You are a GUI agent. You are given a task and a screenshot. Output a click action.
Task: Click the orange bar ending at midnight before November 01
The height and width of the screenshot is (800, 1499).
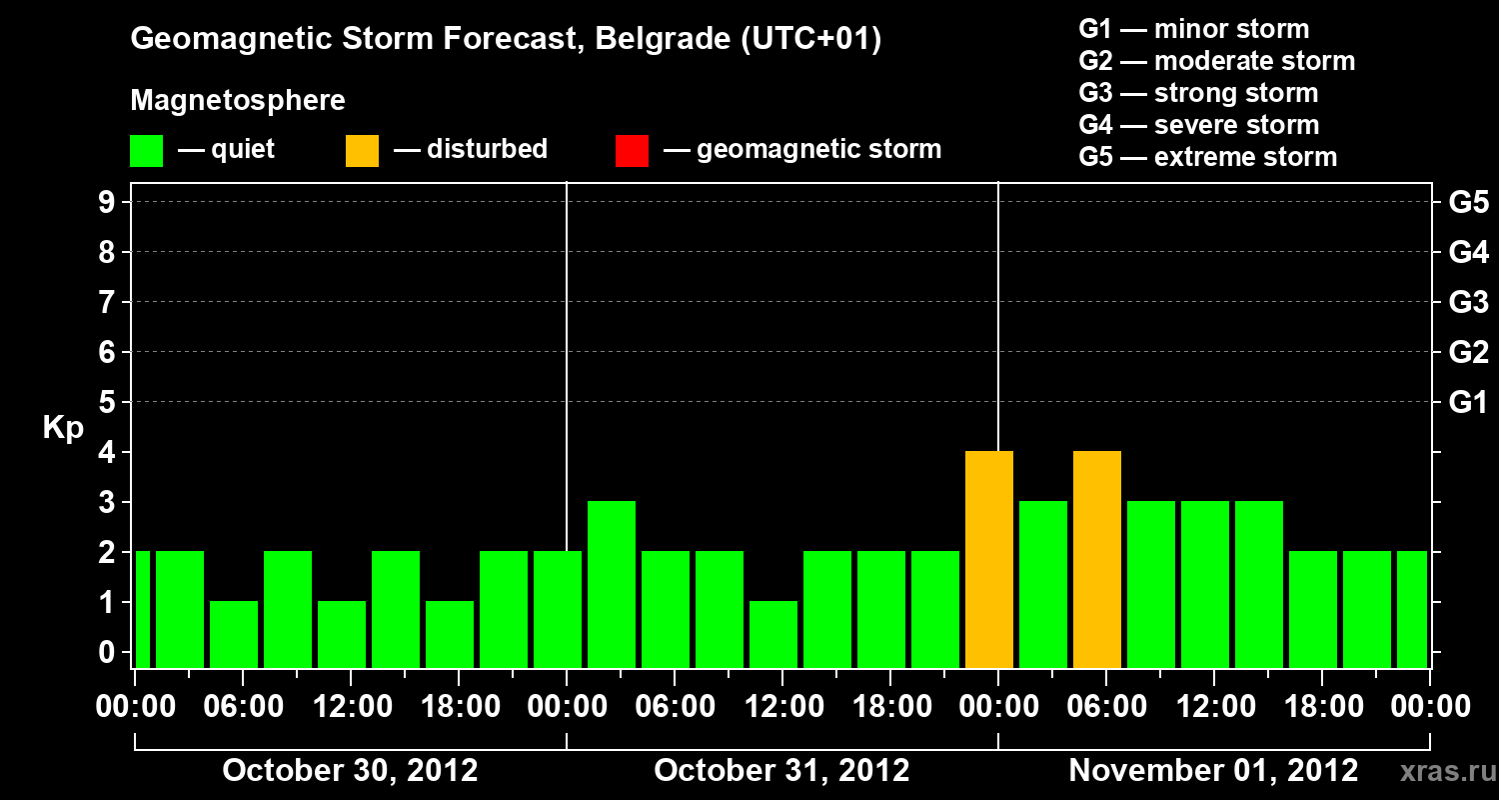click(989, 559)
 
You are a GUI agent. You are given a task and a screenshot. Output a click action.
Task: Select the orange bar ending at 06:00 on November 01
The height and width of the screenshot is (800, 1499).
click(1097, 559)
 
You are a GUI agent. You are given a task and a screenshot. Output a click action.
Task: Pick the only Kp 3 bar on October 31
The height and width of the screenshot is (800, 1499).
click(612, 584)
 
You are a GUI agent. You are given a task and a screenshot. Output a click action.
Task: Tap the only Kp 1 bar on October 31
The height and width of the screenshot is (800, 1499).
click(773, 634)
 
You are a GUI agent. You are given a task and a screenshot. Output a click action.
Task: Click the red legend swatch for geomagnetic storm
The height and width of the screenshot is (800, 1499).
click(632, 151)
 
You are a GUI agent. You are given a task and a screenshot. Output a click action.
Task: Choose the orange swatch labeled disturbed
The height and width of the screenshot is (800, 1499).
click(362, 151)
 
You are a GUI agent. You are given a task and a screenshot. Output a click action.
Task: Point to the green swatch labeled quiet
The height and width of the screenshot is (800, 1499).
click(146, 151)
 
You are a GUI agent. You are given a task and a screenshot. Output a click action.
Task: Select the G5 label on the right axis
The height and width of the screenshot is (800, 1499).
click(1468, 203)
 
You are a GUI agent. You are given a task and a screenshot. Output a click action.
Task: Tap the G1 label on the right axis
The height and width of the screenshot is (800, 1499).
click(1468, 403)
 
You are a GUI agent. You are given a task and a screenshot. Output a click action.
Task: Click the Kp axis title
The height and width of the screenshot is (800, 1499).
click(63, 428)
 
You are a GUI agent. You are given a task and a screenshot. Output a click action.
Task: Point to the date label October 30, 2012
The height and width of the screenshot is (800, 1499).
click(350, 770)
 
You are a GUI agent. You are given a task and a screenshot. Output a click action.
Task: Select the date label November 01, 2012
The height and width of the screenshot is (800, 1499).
click(1213, 770)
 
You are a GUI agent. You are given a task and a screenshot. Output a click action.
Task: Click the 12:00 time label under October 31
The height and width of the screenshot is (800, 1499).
click(781, 707)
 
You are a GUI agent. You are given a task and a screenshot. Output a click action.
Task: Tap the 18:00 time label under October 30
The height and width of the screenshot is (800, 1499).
click(458, 707)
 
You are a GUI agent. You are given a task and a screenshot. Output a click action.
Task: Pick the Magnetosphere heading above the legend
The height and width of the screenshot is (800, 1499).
click(238, 101)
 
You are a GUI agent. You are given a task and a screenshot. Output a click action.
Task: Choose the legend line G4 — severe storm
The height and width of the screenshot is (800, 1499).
click(1199, 125)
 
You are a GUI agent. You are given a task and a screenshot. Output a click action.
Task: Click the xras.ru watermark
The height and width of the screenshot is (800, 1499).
click(1440, 771)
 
